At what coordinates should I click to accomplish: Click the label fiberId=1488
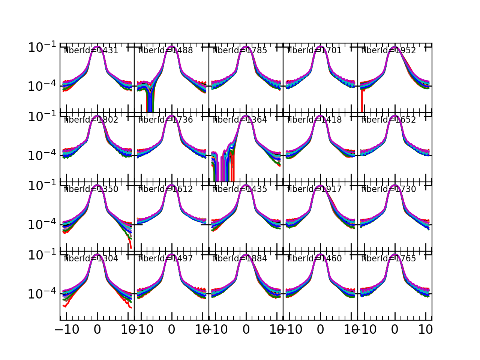165,51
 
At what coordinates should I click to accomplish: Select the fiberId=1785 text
240,51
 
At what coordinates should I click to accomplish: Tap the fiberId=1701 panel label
314,51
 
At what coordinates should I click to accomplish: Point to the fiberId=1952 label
389,51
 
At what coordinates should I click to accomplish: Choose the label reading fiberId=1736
165,120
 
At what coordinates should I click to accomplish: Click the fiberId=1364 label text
240,120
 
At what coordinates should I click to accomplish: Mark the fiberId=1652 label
389,120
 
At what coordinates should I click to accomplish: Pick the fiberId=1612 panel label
165,189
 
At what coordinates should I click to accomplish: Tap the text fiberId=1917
314,189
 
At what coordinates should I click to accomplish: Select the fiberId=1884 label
240,259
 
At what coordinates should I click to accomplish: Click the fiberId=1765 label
389,259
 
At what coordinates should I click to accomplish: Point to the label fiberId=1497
165,259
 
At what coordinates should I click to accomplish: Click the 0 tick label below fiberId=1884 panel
246,330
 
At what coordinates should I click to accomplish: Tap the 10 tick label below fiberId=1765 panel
426,330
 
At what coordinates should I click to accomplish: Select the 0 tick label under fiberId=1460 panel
320,330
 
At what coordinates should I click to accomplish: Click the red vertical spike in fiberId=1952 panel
362,101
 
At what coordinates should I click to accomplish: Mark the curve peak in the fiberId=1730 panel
395,185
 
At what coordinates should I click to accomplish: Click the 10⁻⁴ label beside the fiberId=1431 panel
42,86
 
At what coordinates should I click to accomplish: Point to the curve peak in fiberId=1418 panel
320,116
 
